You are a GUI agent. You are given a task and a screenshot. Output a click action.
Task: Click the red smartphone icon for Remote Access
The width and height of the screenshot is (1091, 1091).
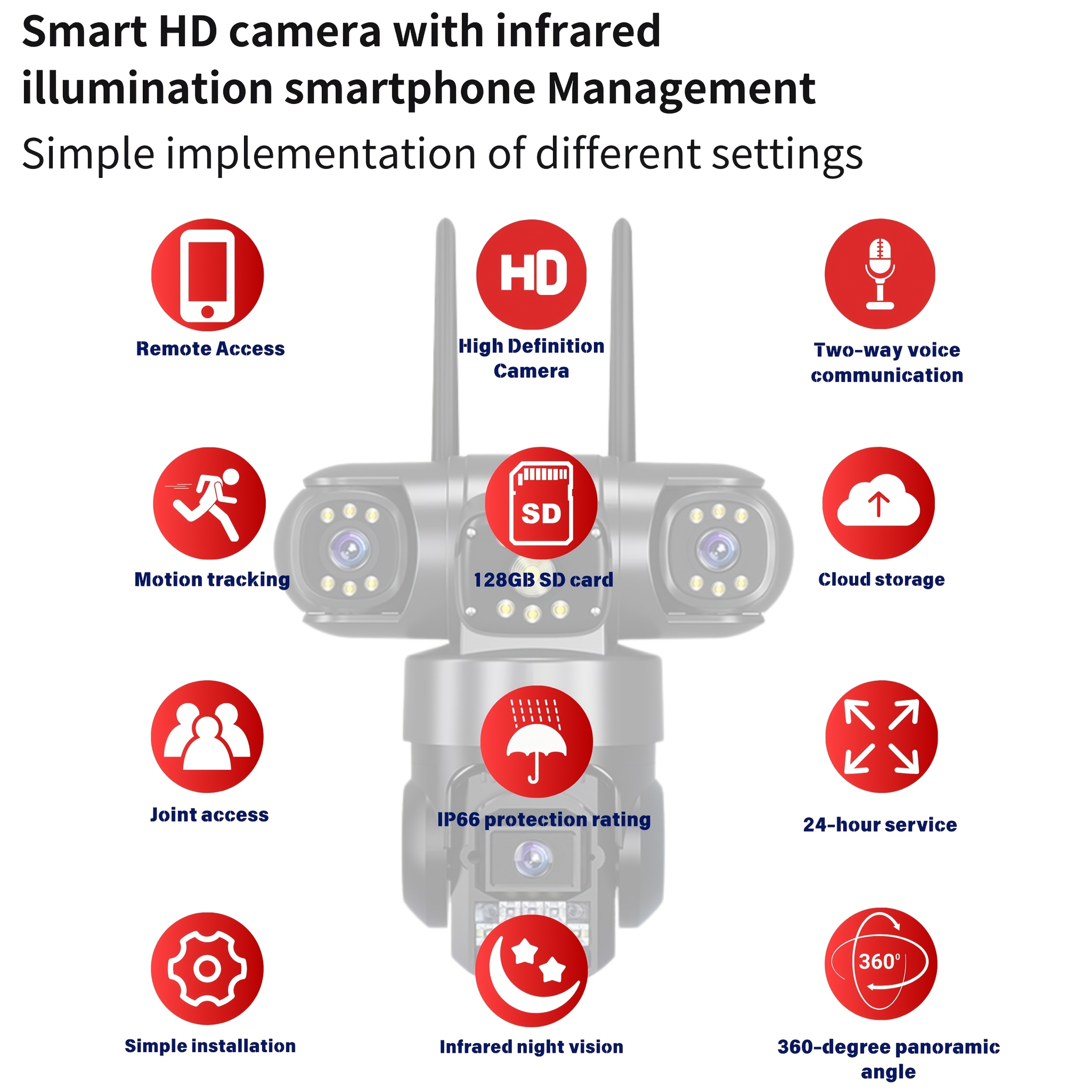(x=207, y=275)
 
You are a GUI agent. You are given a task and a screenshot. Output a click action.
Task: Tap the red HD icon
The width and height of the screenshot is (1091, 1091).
(x=532, y=274)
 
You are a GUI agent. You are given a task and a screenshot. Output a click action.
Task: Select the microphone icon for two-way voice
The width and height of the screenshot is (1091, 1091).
(x=880, y=274)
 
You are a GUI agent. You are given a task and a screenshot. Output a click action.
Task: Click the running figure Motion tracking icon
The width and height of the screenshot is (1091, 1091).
(x=209, y=504)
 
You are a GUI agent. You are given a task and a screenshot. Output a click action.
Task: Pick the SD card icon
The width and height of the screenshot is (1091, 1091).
(x=541, y=504)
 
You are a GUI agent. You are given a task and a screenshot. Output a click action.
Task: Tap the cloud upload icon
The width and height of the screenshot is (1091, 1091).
(x=878, y=504)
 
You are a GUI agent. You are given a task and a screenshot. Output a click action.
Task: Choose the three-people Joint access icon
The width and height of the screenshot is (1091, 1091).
(x=207, y=737)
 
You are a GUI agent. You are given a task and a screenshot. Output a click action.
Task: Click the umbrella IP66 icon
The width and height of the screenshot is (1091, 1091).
(x=536, y=741)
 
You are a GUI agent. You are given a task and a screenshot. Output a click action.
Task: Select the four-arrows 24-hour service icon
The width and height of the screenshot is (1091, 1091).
(x=882, y=737)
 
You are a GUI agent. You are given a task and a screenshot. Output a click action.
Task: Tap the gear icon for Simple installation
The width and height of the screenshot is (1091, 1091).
(x=207, y=969)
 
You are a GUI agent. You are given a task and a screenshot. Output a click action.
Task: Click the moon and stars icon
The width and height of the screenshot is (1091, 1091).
(x=532, y=971)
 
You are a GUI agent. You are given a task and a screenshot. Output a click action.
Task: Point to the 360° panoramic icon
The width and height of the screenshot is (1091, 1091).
(x=881, y=964)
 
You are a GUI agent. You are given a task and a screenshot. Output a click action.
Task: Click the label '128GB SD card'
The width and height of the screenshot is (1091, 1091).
(x=543, y=580)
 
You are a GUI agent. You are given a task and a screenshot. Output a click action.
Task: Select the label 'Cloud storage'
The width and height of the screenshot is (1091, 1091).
(x=881, y=580)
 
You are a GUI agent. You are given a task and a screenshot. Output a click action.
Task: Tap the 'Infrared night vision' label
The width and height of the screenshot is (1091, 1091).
(x=532, y=1047)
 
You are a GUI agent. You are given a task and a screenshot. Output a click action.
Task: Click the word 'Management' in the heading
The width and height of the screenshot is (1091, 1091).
(x=681, y=89)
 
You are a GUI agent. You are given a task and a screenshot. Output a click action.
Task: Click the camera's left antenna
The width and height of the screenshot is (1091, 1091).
(x=445, y=339)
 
